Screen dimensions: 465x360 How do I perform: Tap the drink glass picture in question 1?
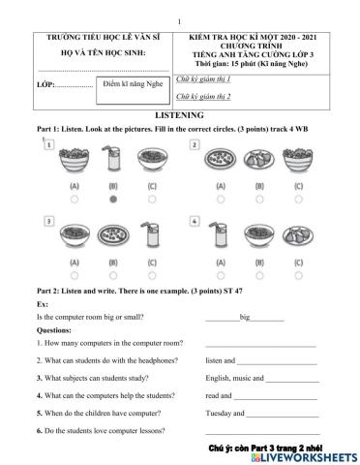(x=113, y=160)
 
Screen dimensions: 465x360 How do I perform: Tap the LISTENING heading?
(x=179, y=114)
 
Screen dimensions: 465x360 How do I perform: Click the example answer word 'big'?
(x=245, y=317)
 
